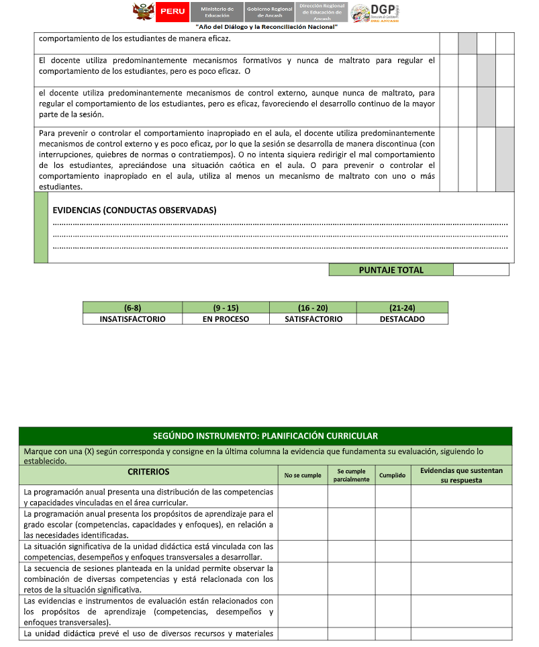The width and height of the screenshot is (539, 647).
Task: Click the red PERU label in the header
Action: tap(172, 11)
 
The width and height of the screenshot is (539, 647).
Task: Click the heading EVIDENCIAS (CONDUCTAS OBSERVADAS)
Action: tap(134, 210)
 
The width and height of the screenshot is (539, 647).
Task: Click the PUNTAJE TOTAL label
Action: tap(391, 270)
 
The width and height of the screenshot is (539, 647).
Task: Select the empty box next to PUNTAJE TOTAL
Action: tap(481, 270)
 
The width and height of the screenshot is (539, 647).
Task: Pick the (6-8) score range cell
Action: tap(132, 308)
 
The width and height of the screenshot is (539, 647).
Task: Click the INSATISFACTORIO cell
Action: tap(132, 319)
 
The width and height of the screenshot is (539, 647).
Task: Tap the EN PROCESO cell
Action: tap(226, 319)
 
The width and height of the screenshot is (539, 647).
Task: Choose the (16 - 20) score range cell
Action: tap(313, 308)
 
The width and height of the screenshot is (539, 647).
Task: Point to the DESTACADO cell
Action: tap(402, 319)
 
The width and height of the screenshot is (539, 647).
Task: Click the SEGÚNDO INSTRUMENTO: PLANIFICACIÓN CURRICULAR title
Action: tap(265, 436)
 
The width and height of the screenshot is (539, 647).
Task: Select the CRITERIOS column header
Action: tap(148, 472)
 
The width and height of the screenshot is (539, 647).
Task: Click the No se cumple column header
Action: tap(303, 475)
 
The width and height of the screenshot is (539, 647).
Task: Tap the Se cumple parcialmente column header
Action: tap(351, 475)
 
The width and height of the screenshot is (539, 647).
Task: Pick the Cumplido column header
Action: tap(392, 475)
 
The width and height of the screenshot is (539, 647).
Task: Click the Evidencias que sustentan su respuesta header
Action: tap(461, 475)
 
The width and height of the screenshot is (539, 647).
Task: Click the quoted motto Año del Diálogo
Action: tap(266, 26)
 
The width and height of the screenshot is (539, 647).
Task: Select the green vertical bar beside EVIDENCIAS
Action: tap(41, 227)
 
